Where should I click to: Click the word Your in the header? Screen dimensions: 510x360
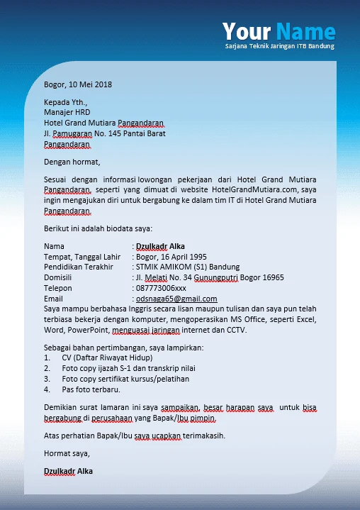pos(246,31)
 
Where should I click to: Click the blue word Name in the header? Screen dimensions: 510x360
pos(305,31)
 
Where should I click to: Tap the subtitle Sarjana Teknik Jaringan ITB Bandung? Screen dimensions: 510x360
pos(279,46)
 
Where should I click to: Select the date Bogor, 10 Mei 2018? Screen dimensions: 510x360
pos(78,84)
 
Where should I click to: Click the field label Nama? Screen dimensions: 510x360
pos(54,247)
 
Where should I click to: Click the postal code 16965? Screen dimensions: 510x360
pos(270,277)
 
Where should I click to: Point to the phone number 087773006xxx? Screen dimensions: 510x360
pos(162,288)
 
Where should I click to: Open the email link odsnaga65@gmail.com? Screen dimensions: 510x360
pos(176,299)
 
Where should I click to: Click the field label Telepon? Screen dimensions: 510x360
pos(57,288)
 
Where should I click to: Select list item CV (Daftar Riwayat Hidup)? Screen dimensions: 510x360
pos(104,358)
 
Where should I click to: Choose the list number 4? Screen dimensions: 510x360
pos(47,389)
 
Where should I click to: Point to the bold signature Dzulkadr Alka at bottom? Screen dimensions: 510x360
pos(68,471)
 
